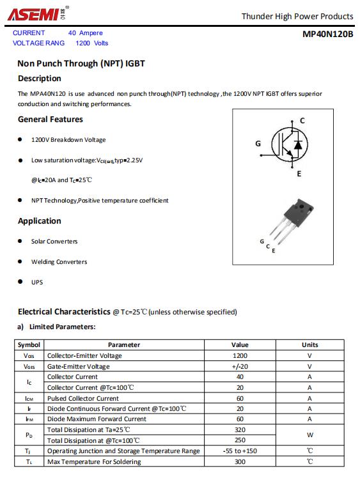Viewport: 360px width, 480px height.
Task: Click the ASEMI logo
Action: pos(38,13)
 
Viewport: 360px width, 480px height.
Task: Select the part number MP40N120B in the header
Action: pos(327,34)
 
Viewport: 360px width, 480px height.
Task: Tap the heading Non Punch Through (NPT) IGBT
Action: pos(81,63)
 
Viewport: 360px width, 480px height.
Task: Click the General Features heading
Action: pos(51,119)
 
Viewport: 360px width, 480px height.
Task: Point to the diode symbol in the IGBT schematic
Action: pos(298,144)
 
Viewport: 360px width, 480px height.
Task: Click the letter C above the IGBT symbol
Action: pos(302,121)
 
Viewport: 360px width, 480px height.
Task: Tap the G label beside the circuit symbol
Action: pos(258,143)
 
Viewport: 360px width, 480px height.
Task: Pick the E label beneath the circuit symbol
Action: pos(299,174)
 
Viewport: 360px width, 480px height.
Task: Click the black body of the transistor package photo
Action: pos(298,212)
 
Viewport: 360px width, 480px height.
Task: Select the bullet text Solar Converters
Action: pos(54,241)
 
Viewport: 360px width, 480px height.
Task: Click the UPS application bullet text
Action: pos(36,283)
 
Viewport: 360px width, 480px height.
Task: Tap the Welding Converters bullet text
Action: pos(59,262)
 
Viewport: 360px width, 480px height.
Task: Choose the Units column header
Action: pos(309,345)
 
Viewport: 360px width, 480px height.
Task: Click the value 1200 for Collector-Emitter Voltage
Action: pos(240,356)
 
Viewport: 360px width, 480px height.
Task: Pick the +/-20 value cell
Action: pos(240,366)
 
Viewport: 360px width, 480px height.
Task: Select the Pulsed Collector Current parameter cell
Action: pos(82,398)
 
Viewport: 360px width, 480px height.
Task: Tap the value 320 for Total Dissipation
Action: pos(240,430)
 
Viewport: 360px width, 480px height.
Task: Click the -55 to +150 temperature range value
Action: pos(240,451)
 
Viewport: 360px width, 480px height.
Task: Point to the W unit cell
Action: pos(309,435)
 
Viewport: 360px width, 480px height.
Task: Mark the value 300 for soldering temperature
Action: pos(240,461)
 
